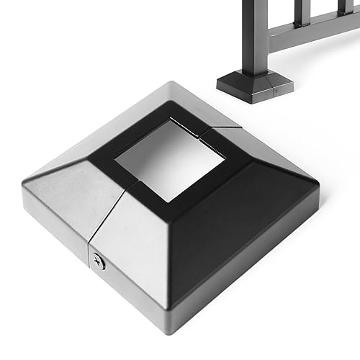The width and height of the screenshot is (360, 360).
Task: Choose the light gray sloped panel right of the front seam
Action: pos(144,266)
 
